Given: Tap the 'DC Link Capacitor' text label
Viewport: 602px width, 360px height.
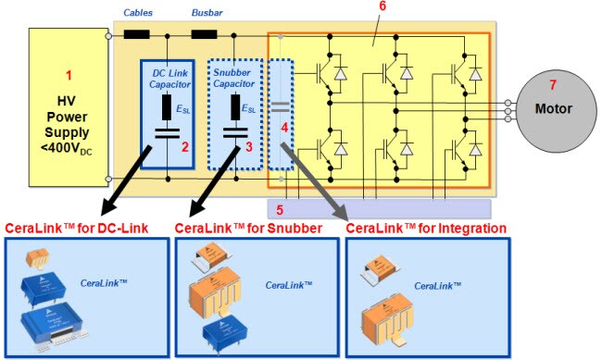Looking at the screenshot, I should coord(168,80).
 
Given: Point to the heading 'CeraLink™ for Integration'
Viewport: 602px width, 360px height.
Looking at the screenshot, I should coord(426,228).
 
